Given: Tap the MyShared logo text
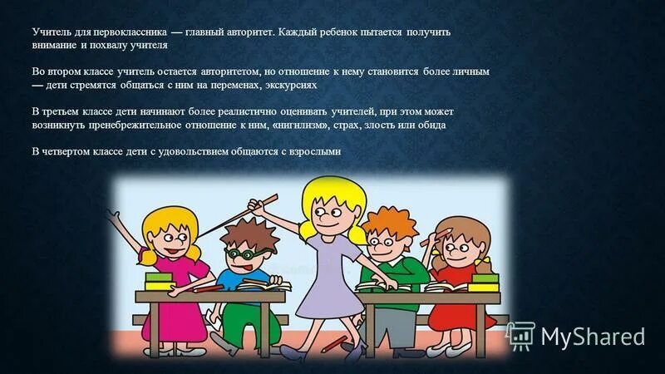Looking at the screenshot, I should pyautogui.click(x=593, y=336).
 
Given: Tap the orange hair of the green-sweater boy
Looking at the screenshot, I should pyautogui.click(x=387, y=221).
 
